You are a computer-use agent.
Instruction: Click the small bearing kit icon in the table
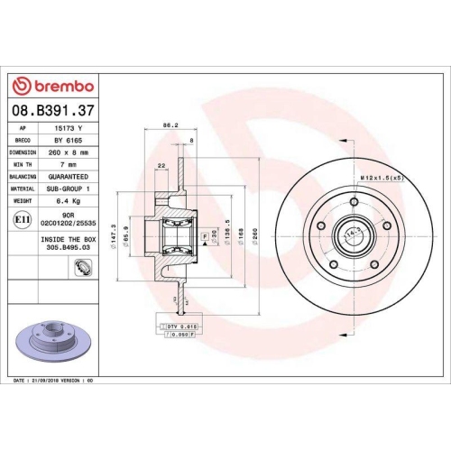coord(82,266)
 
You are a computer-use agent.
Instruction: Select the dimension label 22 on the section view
coord(161,165)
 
